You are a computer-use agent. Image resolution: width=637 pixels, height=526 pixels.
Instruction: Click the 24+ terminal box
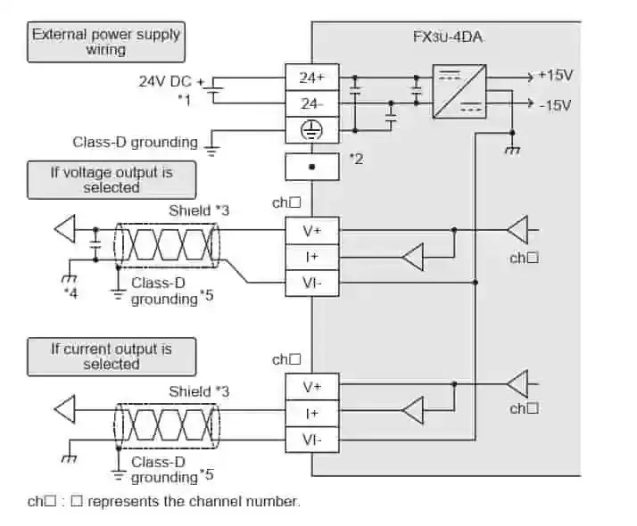[x=311, y=78]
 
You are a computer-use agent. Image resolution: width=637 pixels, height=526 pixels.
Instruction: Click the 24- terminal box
[x=311, y=103]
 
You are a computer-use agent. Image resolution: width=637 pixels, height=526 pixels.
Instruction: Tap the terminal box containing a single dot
[x=311, y=167]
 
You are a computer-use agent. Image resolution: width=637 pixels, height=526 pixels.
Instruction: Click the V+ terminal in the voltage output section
[x=311, y=230]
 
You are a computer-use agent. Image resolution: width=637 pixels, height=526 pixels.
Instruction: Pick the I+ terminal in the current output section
[x=311, y=413]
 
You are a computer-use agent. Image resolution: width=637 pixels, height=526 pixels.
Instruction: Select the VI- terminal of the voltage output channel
[x=311, y=284]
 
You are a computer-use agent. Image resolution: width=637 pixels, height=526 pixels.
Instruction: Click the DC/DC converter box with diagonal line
[x=459, y=91]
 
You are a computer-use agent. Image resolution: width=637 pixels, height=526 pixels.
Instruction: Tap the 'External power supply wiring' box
[x=106, y=42]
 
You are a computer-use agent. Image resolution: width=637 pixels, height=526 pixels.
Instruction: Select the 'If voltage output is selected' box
[x=112, y=180]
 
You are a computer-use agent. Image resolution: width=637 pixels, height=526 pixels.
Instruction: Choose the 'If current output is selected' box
[x=112, y=357]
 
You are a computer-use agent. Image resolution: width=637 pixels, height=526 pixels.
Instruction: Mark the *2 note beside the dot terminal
[x=356, y=159]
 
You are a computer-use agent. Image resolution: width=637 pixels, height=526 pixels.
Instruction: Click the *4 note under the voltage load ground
[x=70, y=292]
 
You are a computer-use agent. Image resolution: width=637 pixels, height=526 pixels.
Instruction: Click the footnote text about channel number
[x=164, y=501]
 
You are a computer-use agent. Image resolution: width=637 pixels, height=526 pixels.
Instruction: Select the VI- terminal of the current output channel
[x=311, y=439]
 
